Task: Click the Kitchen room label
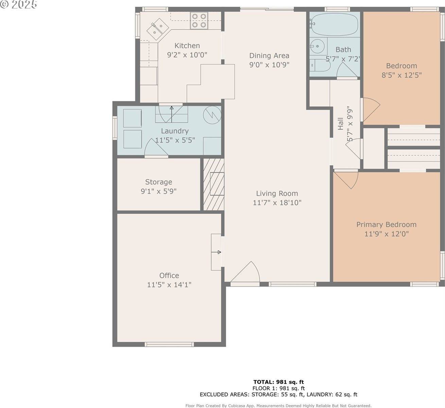[x=187, y=46]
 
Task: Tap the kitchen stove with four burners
[x=199, y=20]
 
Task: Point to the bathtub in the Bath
[x=335, y=24]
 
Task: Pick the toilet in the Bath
[x=320, y=65]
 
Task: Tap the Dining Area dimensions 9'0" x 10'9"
[x=269, y=65]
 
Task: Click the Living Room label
[x=277, y=193]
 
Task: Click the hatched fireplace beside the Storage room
[x=214, y=184]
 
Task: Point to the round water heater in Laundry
[x=212, y=115]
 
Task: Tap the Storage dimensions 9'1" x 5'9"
[x=158, y=191]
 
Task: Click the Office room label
[x=169, y=275]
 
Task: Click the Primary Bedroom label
[x=386, y=224]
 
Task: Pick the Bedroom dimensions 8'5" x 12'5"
[x=401, y=75]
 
